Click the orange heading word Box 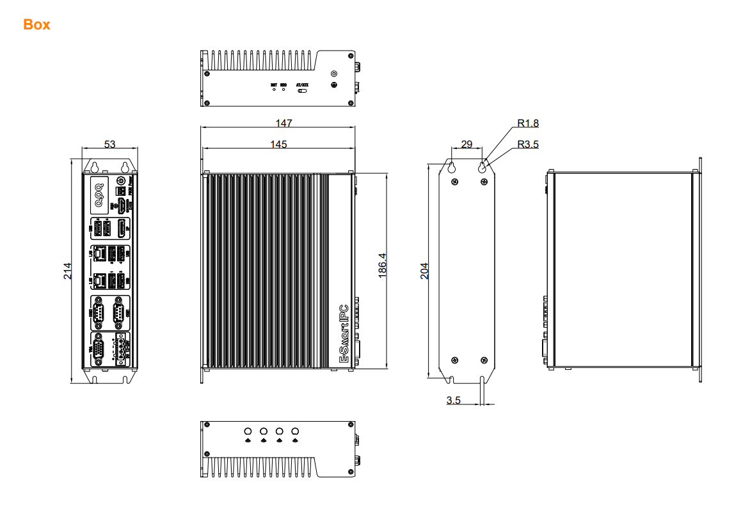pyautogui.click(x=36, y=25)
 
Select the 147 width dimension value pyautogui.click(x=278, y=122)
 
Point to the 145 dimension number pyautogui.click(x=278, y=145)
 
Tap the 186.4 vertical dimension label pyautogui.click(x=381, y=268)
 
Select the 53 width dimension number pyautogui.click(x=110, y=145)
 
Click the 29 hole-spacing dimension pyautogui.click(x=467, y=145)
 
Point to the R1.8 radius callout pyautogui.click(x=528, y=123)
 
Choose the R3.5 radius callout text pyautogui.click(x=528, y=145)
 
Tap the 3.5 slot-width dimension pyautogui.click(x=453, y=401)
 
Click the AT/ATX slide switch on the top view pyautogui.click(x=302, y=90)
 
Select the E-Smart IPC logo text pyautogui.click(x=344, y=335)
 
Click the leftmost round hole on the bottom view pyautogui.click(x=248, y=431)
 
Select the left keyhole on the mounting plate pyautogui.click(x=452, y=168)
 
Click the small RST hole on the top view pyautogui.click(x=274, y=90)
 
